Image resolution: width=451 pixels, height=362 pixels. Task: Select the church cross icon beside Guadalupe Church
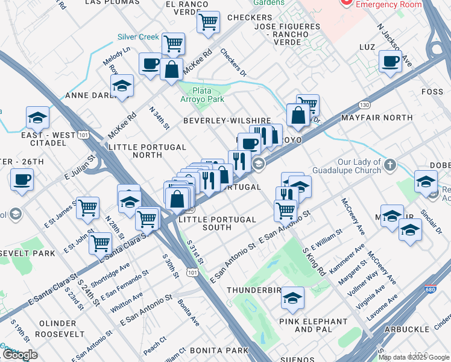click(390, 164)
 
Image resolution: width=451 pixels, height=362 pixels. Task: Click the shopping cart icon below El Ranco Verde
click(208, 22)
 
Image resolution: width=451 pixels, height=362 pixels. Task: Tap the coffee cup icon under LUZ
click(390, 60)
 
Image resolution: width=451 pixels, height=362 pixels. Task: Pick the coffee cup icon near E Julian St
click(22, 180)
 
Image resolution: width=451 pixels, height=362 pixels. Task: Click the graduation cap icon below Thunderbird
click(292, 297)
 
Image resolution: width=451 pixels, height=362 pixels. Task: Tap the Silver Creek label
click(138, 37)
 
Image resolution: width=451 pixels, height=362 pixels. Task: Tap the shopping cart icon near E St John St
click(100, 243)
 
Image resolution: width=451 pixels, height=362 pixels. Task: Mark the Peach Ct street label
click(155, 346)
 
